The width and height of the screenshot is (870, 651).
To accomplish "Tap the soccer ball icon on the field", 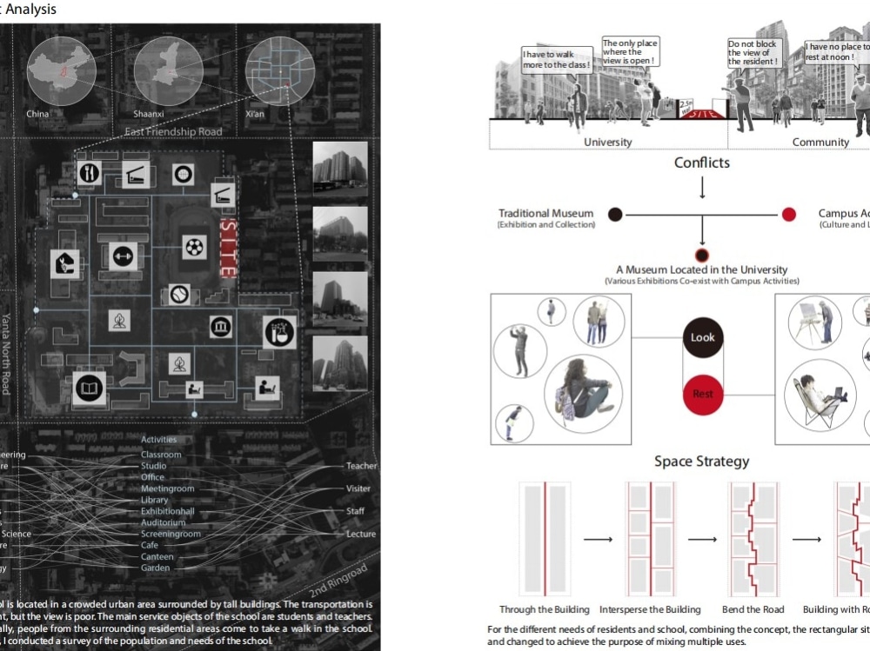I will pyautogui.click(x=194, y=247).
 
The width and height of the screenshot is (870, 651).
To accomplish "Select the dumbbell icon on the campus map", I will pyautogui.click(x=124, y=256).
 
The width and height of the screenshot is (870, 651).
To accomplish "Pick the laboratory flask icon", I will pyautogui.click(x=279, y=330).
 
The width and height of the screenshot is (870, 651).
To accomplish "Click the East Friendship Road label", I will pyautogui.click(x=173, y=132).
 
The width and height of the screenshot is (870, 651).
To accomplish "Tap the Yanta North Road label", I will pyautogui.click(x=6, y=353).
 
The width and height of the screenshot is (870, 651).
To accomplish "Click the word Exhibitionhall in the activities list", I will pyautogui.click(x=167, y=511).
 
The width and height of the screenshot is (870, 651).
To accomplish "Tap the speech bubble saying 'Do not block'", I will pyautogui.click(x=754, y=52).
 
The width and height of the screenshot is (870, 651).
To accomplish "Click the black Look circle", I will pyautogui.click(x=702, y=337).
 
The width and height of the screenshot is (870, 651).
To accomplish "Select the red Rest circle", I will pyautogui.click(x=702, y=394).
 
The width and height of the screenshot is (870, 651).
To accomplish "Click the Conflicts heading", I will pyautogui.click(x=701, y=163).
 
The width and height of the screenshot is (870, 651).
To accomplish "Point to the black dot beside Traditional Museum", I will pyautogui.click(x=615, y=214).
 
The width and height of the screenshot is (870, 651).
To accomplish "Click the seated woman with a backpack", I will pyautogui.click(x=582, y=395).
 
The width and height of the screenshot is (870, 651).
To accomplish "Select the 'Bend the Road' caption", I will pyautogui.click(x=753, y=609).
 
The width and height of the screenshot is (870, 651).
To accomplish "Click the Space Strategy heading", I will pyautogui.click(x=701, y=462).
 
